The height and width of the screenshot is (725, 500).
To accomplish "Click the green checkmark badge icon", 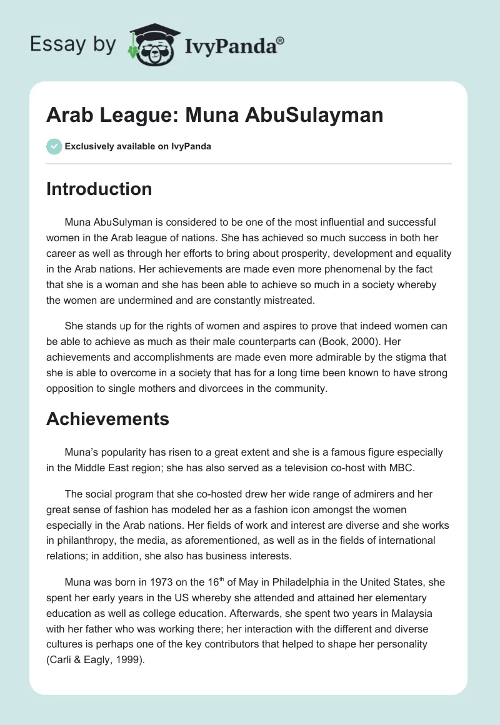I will tap(54, 146).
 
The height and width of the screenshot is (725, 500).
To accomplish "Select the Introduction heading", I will tap(99, 189).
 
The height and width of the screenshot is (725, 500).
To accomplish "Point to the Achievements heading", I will tap(107, 419).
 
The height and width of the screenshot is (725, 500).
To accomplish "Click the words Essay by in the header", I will tap(72, 44).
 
